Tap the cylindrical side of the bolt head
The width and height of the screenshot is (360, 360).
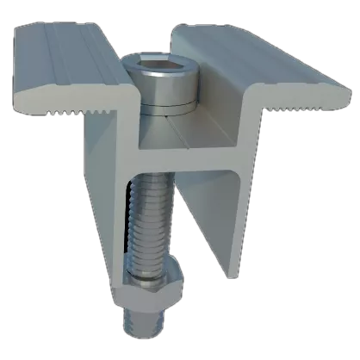point(161,88)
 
